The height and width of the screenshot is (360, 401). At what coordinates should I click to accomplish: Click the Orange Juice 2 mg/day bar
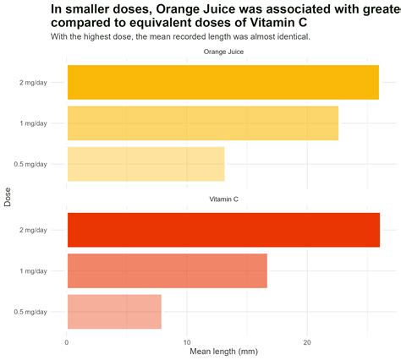(x=222, y=82)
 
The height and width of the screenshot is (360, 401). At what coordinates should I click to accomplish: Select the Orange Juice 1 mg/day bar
(x=202, y=123)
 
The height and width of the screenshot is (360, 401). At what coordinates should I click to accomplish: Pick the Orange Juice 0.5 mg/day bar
(x=146, y=164)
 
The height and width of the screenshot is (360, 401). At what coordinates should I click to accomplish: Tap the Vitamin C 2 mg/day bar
(x=223, y=230)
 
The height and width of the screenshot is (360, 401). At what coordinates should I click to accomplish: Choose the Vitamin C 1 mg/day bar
(x=167, y=270)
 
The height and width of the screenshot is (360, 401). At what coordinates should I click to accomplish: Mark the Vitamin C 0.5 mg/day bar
(x=114, y=312)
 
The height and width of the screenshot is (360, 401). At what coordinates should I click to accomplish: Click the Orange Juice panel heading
(x=223, y=52)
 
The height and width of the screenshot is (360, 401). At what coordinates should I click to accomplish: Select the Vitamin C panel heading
(x=223, y=199)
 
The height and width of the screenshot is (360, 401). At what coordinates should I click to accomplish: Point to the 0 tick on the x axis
(x=67, y=341)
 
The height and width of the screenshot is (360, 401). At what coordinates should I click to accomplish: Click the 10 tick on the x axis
(x=187, y=341)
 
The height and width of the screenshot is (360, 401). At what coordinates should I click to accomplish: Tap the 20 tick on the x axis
(x=307, y=341)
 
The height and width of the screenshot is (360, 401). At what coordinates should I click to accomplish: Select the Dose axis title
(x=8, y=197)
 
